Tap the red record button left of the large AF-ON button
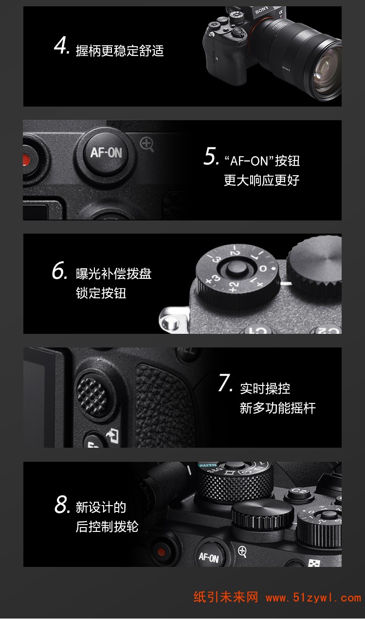[x=26, y=160]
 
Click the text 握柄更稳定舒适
[x=120, y=51]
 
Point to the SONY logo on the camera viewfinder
[x=262, y=10]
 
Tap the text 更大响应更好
[x=261, y=180]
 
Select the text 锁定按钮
[x=101, y=293]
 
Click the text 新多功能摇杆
[x=277, y=408]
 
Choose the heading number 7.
[x=225, y=382]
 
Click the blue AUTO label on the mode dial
[x=208, y=465]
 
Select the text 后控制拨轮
[x=107, y=527]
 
